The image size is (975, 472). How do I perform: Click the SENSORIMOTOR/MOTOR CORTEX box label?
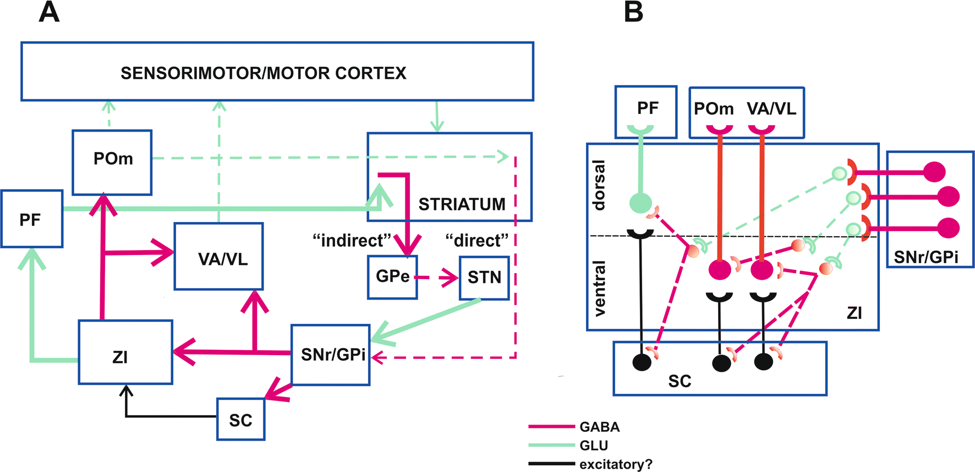pyautogui.click(x=263, y=73)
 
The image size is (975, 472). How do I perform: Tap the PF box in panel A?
pyautogui.click(x=31, y=219)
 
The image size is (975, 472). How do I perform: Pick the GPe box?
pyautogui.click(x=392, y=277)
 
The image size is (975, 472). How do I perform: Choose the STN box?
pyautogui.click(x=484, y=278)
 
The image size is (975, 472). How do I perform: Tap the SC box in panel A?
pyautogui.click(x=240, y=420)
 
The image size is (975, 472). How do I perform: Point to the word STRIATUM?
pyautogui.click(x=462, y=204)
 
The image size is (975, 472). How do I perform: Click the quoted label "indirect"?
pyautogui.click(x=352, y=241)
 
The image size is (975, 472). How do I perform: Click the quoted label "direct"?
pyautogui.click(x=476, y=241)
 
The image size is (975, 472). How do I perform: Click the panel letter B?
pyautogui.click(x=633, y=12)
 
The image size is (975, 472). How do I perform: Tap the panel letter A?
pyautogui.click(x=49, y=12)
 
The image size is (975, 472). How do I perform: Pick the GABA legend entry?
pyautogui.click(x=599, y=427)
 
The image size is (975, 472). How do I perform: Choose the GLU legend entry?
pyautogui.click(x=593, y=445)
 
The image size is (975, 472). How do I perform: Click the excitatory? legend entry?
pyautogui.click(x=615, y=464)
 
